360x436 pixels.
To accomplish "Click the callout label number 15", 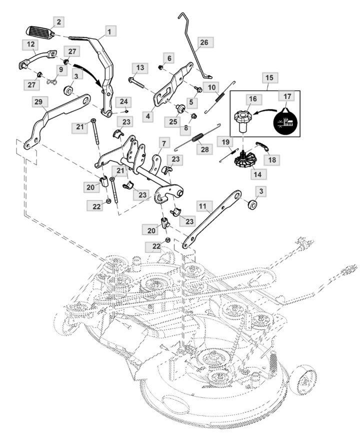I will point(269,79).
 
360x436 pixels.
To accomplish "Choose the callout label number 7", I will point(163,143).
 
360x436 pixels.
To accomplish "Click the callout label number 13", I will point(139,68).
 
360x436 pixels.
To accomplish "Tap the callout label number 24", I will point(123,101).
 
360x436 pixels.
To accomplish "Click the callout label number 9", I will point(61,69).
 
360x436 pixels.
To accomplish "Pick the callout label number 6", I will point(169,59).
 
